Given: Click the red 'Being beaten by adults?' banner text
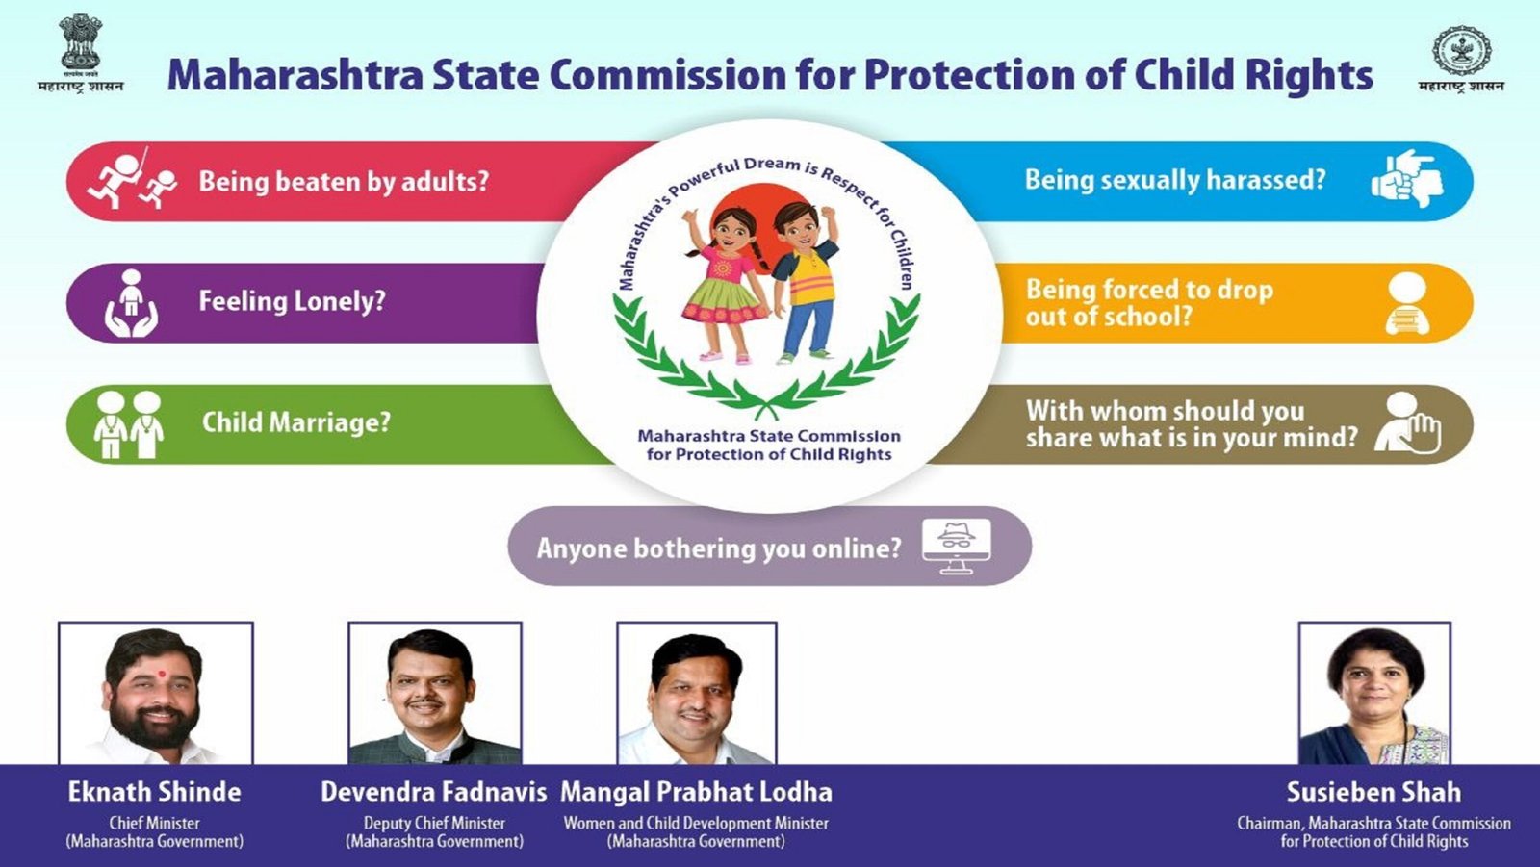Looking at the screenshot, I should [344, 181].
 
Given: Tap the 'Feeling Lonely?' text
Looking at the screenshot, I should [292, 301].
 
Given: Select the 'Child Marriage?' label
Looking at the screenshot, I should [295, 422].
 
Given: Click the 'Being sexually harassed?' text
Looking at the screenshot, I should [1174, 180].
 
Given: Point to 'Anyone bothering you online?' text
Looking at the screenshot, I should [718, 548].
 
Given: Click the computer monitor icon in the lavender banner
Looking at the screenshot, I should [956, 546].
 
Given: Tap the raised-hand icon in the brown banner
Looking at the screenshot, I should [1407, 423].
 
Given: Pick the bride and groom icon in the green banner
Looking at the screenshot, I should [128, 423].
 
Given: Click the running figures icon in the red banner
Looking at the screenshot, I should [132, 179].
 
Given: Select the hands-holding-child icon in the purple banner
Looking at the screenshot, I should [131, 302].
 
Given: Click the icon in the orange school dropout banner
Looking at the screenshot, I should [1407, 303].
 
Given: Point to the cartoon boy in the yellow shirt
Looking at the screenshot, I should [806, 279].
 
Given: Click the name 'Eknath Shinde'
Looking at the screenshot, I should [154, 792].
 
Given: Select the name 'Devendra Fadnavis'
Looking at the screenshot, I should [433, 792].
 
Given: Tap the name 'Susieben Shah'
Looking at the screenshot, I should [1373, 792].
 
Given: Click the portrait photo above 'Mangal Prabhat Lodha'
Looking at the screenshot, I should [696, 694].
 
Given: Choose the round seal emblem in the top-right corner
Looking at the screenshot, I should [1461, 50].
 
